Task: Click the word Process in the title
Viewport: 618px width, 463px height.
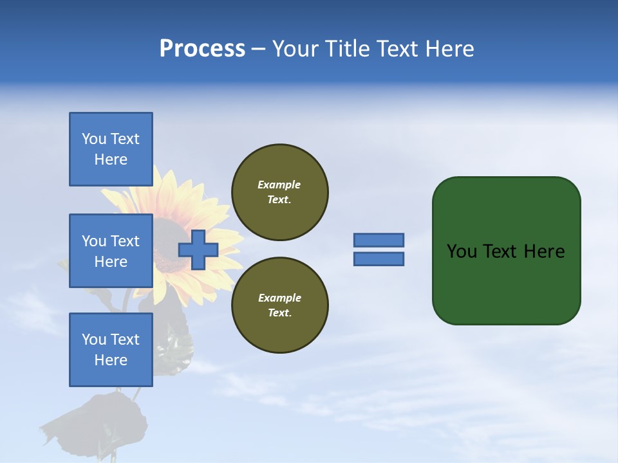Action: [x=202, y=49]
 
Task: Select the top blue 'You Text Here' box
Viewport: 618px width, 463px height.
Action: [x=111, y=149]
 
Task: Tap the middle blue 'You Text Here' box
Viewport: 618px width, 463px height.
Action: [x=111, y=251]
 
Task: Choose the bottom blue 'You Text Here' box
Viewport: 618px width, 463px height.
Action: [x=111, y=349]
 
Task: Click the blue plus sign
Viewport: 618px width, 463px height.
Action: [x=198, y=250]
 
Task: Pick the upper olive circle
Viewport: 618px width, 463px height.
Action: [x=279, y=192]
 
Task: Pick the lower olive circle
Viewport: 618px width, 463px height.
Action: [x=279, y=305]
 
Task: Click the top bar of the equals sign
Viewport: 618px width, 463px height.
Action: [x=379, y=241]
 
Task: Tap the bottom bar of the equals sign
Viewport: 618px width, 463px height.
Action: [x=379, y=259]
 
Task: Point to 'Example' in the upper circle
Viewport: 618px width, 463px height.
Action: [x=279, y=185]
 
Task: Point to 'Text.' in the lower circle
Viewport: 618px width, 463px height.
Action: [x=279, y=313]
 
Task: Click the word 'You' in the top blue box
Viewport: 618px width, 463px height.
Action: [x=94, y=139]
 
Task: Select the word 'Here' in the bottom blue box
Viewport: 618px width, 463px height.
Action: [x=111, y=360]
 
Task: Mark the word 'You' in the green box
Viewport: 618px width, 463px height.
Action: [x=462, y=251]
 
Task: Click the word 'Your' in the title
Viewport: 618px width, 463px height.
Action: [x=296, y=49]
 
